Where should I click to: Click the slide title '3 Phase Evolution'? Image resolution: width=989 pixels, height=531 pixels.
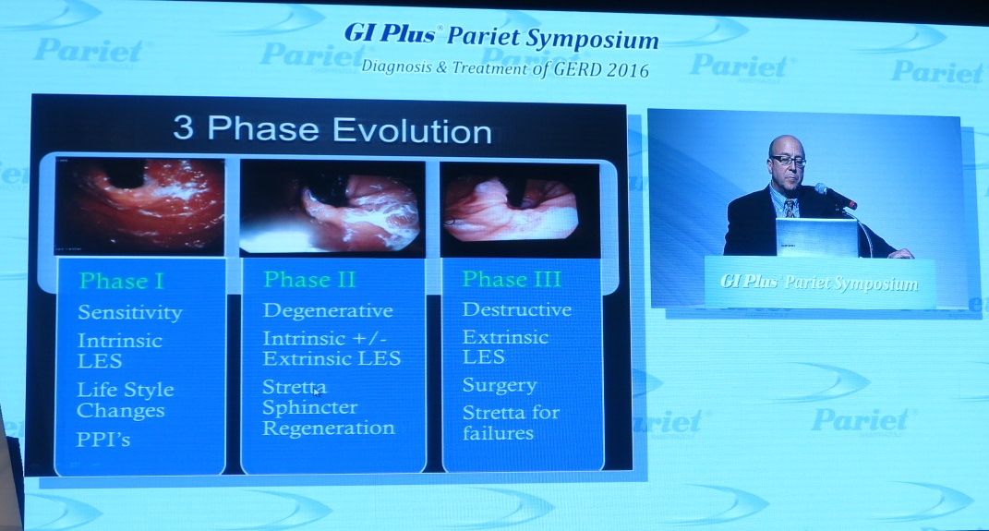332,130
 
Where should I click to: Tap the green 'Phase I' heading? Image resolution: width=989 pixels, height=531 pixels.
122,281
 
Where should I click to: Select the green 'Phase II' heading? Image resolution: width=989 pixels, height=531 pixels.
309,280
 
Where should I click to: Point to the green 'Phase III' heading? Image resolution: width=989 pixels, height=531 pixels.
512,279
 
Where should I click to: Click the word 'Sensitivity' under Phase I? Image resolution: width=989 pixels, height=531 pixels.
130,312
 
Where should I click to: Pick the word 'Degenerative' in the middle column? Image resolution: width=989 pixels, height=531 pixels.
328,310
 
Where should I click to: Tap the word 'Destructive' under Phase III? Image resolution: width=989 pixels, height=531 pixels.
517,309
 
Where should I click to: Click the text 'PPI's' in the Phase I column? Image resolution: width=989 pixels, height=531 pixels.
103,439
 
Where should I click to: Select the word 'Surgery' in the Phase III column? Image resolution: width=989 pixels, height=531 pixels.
500,385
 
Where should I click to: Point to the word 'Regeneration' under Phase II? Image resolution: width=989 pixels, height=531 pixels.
329,428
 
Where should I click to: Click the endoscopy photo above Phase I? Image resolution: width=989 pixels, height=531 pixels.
140,206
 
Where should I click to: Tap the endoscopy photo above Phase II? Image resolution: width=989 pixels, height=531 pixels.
332,208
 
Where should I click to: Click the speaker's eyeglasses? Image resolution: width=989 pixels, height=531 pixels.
787,161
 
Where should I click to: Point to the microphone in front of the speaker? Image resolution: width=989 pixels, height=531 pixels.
836,196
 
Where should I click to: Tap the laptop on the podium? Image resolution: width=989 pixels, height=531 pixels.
817,237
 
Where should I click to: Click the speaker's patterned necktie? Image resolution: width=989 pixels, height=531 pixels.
790,208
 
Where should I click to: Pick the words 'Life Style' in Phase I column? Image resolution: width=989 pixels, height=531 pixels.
126,390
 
